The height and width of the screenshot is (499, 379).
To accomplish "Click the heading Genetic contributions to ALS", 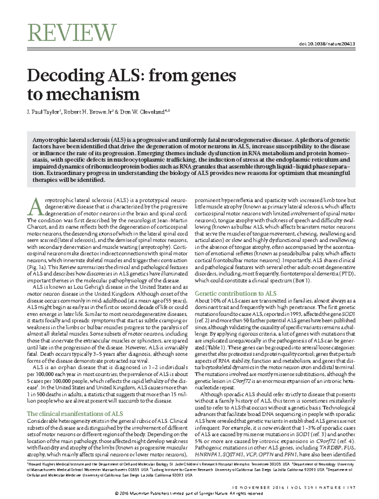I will tap(236, 293).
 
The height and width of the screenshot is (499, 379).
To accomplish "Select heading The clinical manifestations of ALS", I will tap(75, 414).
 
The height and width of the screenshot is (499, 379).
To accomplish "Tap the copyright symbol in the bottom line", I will tap(117, 493).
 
